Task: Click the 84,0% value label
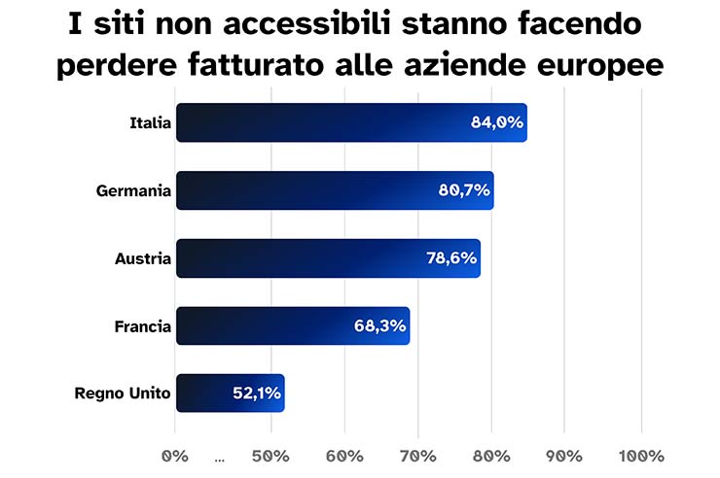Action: click(x=496, y=123)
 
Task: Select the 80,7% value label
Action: click(x=463, y=190)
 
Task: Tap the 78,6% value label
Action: click(x=450, y=258)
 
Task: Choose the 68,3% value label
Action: click(x=379, y=326)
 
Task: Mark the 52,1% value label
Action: click(x=256, y=393)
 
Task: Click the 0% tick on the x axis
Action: click(x=174, y=456)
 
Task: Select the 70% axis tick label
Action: click(x=417, y=456)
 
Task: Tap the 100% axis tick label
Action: click(x=640, y=456)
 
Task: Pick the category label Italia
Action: click(x=150, y=123)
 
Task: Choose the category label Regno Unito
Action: click(x=123, y=393)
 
